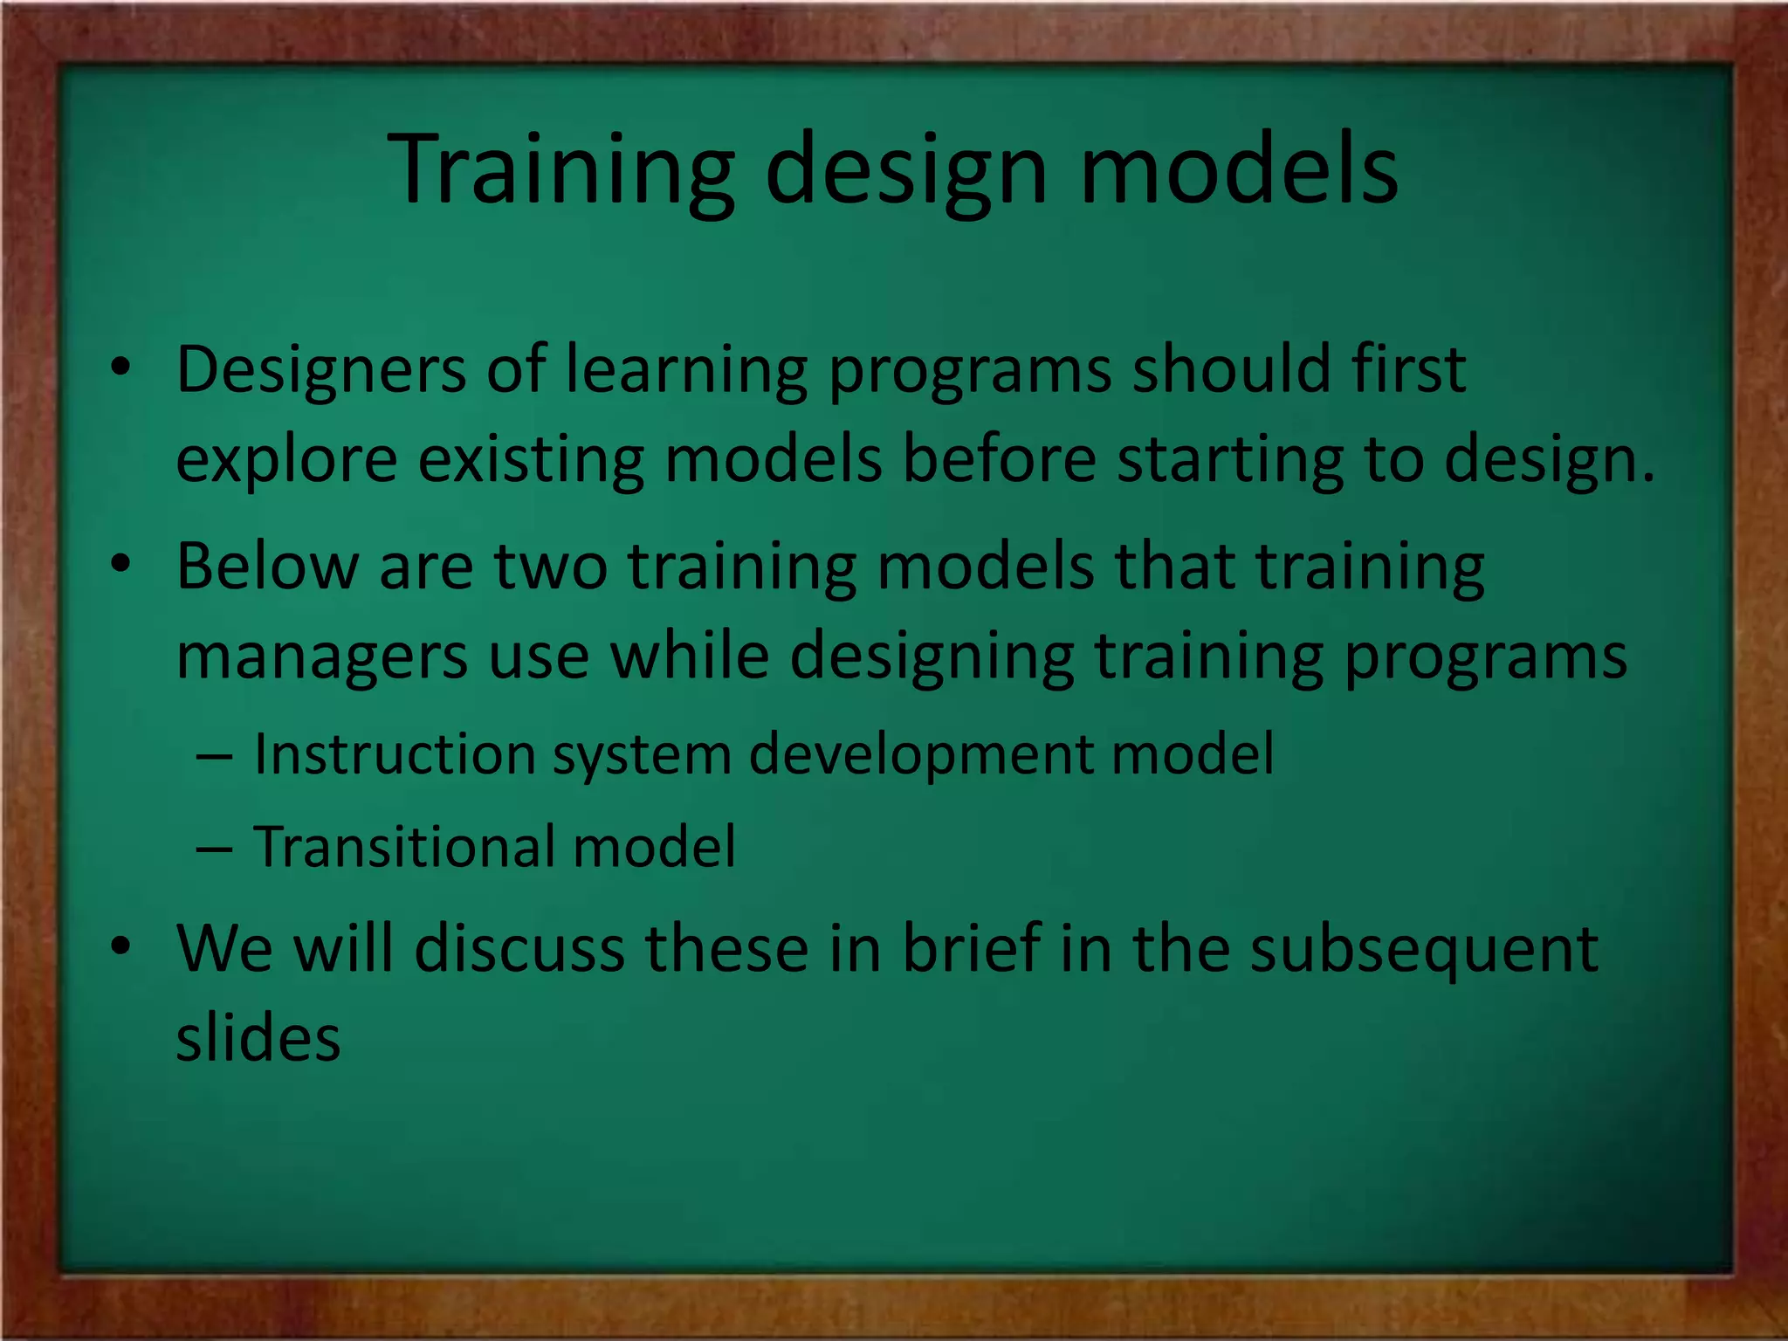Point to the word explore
pos(286,459)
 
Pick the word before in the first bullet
pos(999,459)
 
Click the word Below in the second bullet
pos(267,567)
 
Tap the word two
pos(550,567)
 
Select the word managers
pos(321,657)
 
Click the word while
pos(690,657)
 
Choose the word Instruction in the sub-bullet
pos(395,753)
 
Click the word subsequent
pos(1424,949)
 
